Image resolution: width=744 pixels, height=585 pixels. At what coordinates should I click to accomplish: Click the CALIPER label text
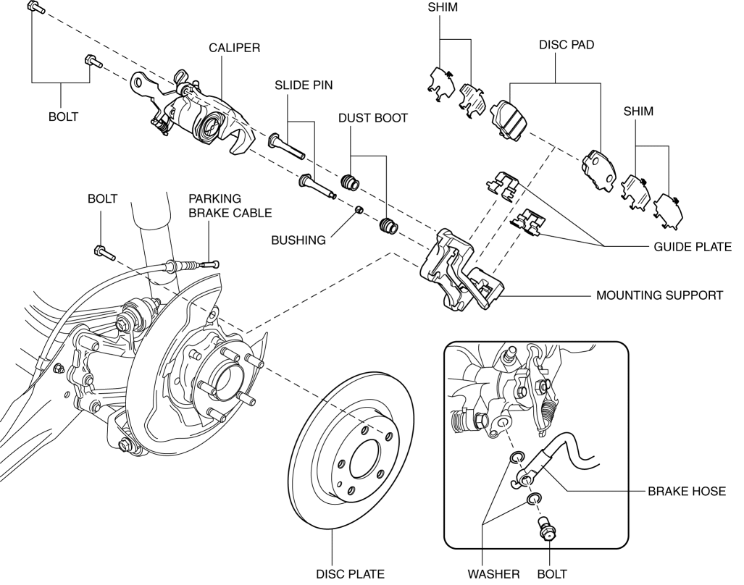click(x=234, y=48)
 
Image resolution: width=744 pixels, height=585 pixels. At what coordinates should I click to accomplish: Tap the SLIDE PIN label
click(x=304, y=85)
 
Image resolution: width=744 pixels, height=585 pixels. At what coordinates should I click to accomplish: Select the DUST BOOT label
click(x=372, y=117)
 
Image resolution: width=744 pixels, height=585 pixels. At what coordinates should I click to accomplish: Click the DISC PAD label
click(x=567, y=44)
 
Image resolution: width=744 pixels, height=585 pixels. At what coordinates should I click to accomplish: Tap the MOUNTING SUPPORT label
click(x=659, y=295)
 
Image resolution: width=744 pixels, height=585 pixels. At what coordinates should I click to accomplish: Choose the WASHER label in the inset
click(x=493, y=574)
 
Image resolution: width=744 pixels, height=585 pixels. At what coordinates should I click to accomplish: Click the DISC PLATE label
click(x=350, y=574)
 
